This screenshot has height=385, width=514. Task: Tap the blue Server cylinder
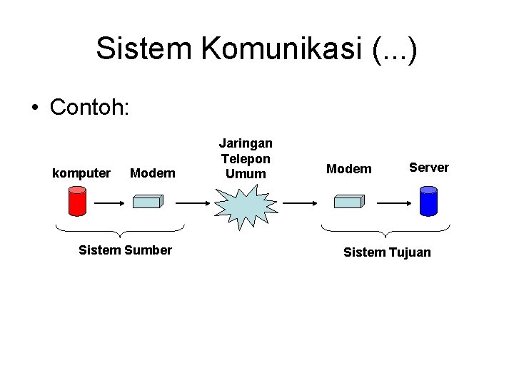[x=428, y=200]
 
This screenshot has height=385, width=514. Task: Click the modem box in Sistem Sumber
[x=148, y=202]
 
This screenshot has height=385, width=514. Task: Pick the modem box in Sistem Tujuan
[x=349, y=202]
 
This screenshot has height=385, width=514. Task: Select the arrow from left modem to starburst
[x=191, y=202]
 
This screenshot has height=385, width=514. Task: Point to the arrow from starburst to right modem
[x=298, y=202]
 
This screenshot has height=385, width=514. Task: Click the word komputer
[x=82, y=173]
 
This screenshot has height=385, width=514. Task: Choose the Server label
[x=428, y=168]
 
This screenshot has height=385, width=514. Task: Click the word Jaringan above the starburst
[x=245, y=144]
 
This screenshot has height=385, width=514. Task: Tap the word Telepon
[x=245, y=158]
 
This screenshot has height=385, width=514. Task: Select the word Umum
[x=245, y=173]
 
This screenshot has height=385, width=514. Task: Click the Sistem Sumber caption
[x=125, y=250]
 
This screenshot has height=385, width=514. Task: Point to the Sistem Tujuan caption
[x=387, y=252]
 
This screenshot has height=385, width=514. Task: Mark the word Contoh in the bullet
[x=89, y=108]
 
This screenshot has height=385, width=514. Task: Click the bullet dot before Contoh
[x=34, y=109]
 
